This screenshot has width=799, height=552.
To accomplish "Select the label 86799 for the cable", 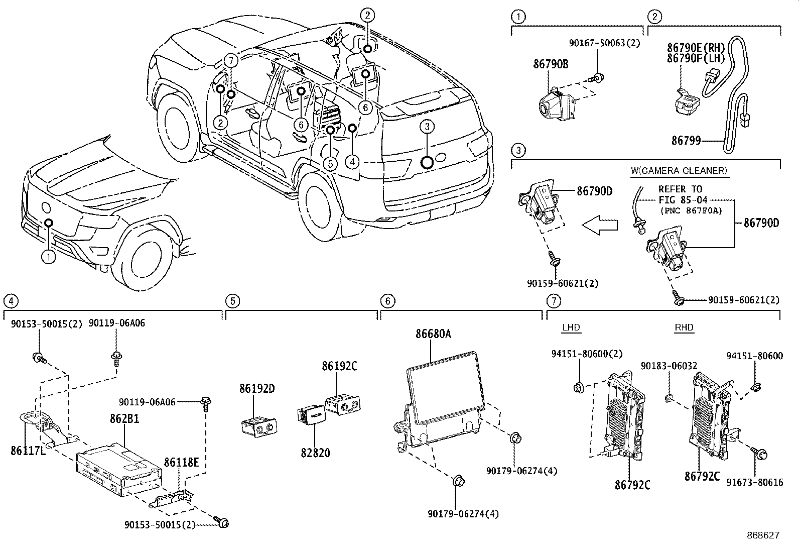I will pyautogui.click(x=686, y=141).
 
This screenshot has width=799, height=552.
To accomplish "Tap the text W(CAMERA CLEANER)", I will pyautogui.click(x=679, y=171).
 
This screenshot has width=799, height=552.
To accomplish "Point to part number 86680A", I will pyautogui.click(x=433, y=334).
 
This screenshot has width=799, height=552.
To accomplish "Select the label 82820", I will pyautogui.click(x=315, y=453).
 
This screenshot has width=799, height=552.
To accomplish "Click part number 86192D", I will pyautogui.click(x=257, y=389).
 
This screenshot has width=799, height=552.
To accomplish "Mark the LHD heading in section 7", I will pyautogui.click(x=571, y=327).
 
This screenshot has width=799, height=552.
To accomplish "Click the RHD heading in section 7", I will pyautogui.click(x=684, y=327).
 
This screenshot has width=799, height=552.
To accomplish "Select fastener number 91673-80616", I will pyautogui.click(x=754, y=482).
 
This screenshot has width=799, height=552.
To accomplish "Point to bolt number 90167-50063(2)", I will pyautogui.click(x=605, y=44).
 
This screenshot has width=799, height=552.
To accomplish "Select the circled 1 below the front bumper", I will pyautogui.click(x=49, y=258).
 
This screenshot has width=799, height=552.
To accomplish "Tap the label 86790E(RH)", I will pyautogui.click(x=696, y=48).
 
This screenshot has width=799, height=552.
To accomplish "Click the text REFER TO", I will pyautogui.click(x=681, y=189).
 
